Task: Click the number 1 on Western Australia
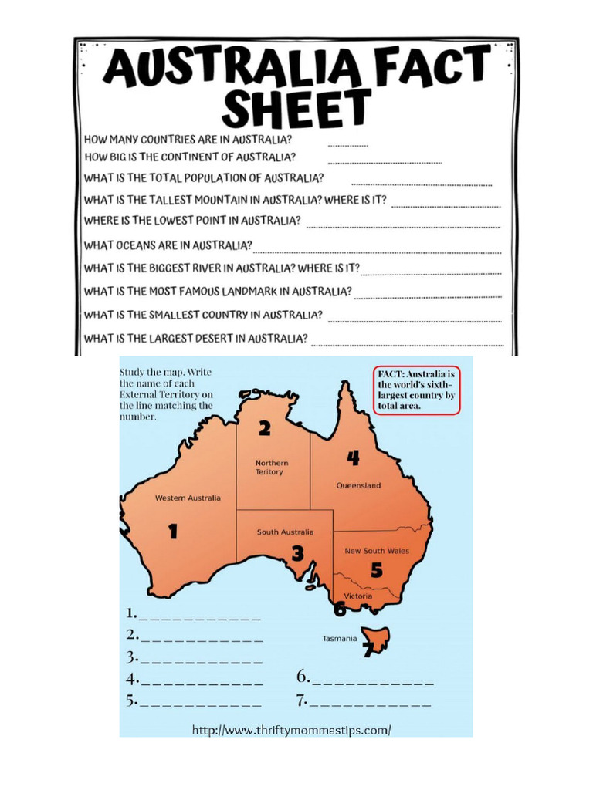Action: tap(173, 531)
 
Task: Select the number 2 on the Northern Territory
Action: tap(265, 428)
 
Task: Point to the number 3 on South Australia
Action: tap(297, 552)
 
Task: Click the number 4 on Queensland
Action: tap(353, 458)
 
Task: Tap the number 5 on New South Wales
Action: tap(377, 571)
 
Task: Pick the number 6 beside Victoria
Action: tap(340, 609)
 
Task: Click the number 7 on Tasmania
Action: tap(369, 650)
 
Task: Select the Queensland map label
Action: tap(358, 486)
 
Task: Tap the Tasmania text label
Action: tap(339, 638)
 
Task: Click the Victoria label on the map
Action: tap(358, 596)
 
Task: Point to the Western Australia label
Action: tap(188, 498)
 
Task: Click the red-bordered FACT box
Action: tap(417, 390)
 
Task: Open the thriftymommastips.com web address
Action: tap(291, 729)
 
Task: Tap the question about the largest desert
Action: tap(196, 338)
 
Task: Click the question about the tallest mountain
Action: tap(236, 200)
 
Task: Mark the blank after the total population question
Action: tap(422, 184)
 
